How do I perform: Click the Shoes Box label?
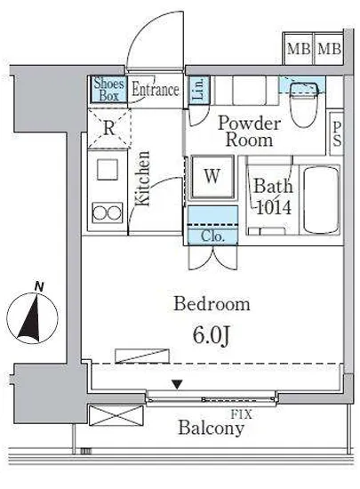[x=108, y=90]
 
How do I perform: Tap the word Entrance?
[x=156, y=90]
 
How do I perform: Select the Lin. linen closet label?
[x=199, y=90]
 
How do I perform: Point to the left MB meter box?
[x=299, y=49]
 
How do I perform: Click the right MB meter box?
[x=329, y=49]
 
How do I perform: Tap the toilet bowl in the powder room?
[x=305, y=105]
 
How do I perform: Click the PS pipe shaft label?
[x=337, y=133]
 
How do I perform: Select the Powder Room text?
[x=249, y=132]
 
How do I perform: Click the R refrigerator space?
[x=108, y=128]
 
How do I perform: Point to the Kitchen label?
[x=142, y=179]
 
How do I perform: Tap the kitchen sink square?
[x=108, y=170]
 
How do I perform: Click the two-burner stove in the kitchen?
[x=108, y=213]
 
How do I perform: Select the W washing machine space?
[x=212, y=177]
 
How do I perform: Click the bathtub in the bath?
[x=322, y=199]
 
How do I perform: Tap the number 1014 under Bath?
[x=274, y=207]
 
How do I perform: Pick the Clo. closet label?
[x=212, y=236]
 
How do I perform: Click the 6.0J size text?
[x=212, y=335]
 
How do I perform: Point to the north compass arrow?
[x=30, y=317]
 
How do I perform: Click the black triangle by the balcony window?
[x=178, y=384]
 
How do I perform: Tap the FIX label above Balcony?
[x=241, y=414]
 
